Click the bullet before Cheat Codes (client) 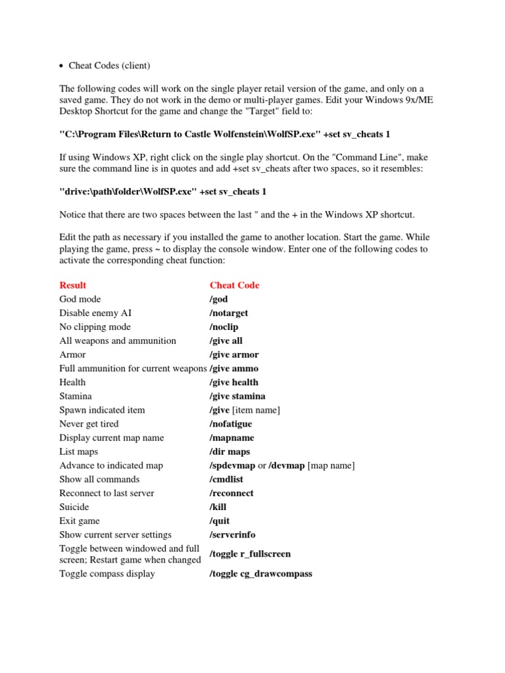tap(61, 66)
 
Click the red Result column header tap(72, 285)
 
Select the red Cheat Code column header tap(234, 285)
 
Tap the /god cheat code tap(219, 299)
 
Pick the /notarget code tap(229, 313)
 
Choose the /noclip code tap(225, 327)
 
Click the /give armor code tap(234, 354)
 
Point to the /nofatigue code tap(231, 424)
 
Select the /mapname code tap(231, 438)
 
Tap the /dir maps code tap(229, 452)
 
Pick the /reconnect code tap(231, 493)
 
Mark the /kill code tap(219, 507)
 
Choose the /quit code tap(220, 521)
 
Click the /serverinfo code tap(233, 535)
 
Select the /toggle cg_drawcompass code tap(260, 574)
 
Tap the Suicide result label tap(74, 507)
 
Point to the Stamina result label tap(76, 396)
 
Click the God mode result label tap(81, 299)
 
